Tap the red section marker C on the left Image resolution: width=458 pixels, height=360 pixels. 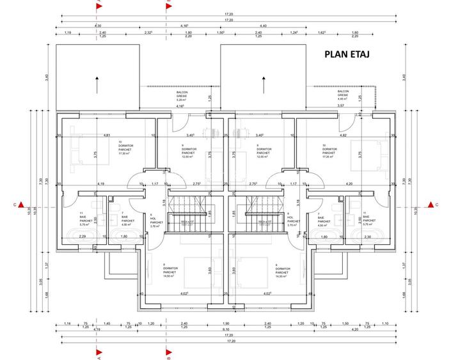[x=21, y=205]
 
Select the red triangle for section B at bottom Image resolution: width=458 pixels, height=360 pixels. [x=168, y=351]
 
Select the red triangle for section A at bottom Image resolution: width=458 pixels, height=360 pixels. [x=99, y=351]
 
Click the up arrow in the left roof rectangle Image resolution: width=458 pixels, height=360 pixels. [x=97, y=81]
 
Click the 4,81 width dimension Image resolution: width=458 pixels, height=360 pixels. [x=107, y=135]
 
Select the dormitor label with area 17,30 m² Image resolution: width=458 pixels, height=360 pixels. [x=125, y=150]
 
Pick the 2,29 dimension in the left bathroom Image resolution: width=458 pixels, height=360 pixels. [x=82, y=237]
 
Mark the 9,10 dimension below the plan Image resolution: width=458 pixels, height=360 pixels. [x=228, y=331]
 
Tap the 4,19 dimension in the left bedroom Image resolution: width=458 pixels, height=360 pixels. [x=101, y=184]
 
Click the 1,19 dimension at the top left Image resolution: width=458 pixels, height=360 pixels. [x=68, y=32]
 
